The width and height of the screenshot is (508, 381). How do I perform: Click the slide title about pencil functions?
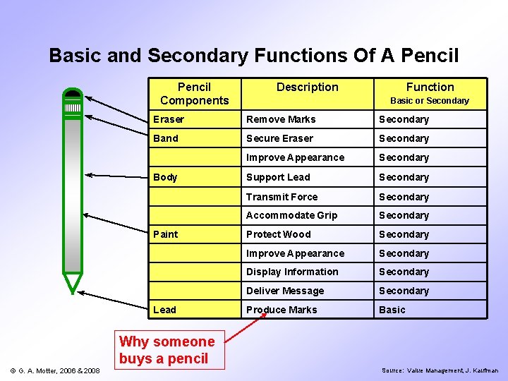click(x=254, y=55)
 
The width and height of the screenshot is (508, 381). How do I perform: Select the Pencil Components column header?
click(x=194, y=94)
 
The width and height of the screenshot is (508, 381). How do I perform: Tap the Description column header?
click(x=307, y=87)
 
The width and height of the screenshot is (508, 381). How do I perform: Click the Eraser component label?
click(x=169, y=119)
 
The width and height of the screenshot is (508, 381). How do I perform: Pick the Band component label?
click(x=166, y=138)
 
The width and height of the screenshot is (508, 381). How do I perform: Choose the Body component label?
click(x=165, y=177)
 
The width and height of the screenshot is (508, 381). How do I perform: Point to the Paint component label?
click(x=166, y=234)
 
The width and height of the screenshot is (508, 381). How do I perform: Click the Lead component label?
click(x=165, y=310)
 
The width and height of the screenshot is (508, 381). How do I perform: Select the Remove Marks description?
click(x=281, y=119)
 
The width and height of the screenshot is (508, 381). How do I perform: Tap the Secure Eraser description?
click(x=279, y=138)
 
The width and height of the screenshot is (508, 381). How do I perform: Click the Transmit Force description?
click(x=282, y=197)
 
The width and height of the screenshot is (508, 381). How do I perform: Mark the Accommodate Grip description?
click(x=291, y=215)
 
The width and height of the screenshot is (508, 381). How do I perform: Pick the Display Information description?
click(x=292, y=272)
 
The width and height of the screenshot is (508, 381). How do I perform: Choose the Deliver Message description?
click(x=285, y=291)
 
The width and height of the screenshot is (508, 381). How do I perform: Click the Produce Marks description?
click(x=282, y=310)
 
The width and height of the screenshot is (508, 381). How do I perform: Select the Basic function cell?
click(x=392, y=310)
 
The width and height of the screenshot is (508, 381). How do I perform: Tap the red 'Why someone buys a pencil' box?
click(x=167, y=350)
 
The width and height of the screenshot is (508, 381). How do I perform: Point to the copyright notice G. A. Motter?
click(x=54, y=370)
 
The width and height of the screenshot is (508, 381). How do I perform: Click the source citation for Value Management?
click(x=440, y=370)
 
